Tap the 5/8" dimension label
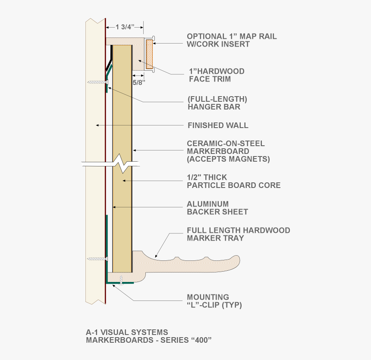tap(138, 82)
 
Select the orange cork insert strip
tap(149, 54)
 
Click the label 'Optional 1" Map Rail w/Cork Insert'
tap(231, 40)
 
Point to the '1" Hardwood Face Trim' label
tap(217, 75)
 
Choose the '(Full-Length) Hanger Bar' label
tap(217, 103)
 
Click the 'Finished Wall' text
tap(218, 125)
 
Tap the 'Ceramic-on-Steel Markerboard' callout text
tap(228, 151)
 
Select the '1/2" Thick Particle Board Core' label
tap(233, 181)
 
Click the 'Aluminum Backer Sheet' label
tap(217, 208)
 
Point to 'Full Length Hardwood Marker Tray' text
tap(238, 234)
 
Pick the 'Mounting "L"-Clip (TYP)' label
tap(214, 301)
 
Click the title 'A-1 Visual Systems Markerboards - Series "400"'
tap(149, 336)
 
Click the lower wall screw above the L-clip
tap(97, 259)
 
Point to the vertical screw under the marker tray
tap(122, 279)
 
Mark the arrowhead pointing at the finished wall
tap(97, 125)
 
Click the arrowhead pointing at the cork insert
tap(154, 43)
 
